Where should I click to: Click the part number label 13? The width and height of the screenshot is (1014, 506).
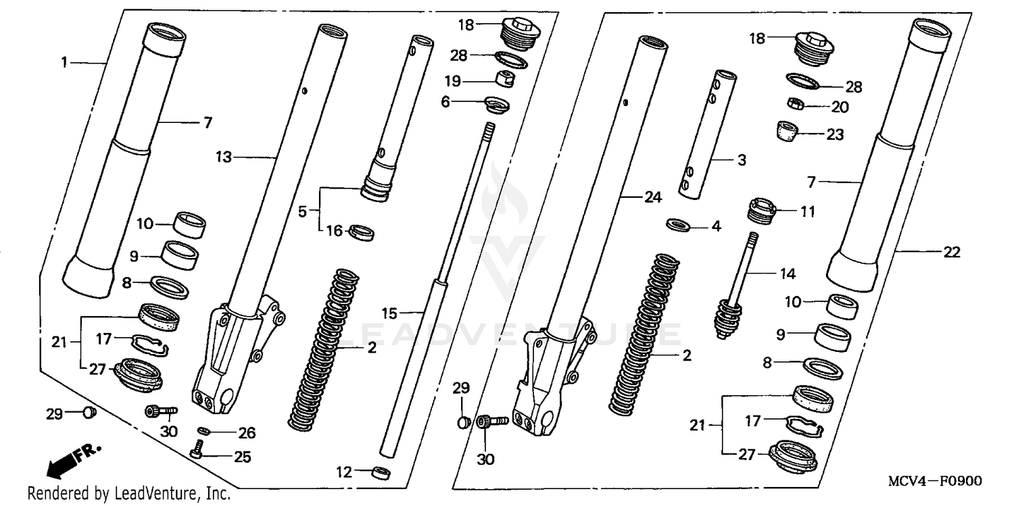tap(223, 157)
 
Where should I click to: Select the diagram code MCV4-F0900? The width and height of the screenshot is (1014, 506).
tap(935, 481)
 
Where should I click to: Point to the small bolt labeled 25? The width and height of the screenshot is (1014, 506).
tap(197, 448)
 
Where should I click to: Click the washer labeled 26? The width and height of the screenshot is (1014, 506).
tap(204, 431)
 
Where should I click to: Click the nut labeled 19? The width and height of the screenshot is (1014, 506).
tap(504, 79)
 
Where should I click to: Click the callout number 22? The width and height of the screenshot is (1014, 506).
tap(951, 252)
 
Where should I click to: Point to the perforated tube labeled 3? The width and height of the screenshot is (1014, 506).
tap(700, 135)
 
